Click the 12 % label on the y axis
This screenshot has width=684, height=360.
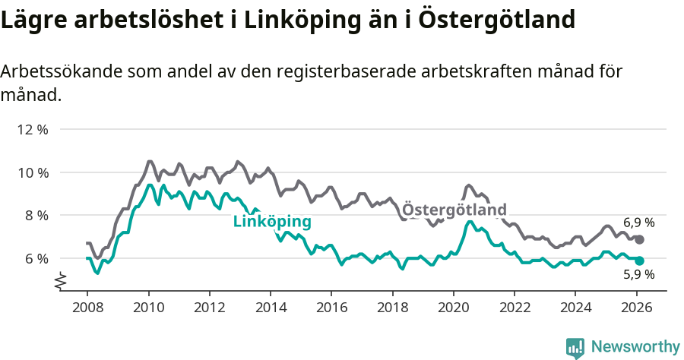coord(33,129)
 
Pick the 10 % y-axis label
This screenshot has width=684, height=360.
coord(33,172)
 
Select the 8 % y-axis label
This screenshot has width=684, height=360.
coord(36,215)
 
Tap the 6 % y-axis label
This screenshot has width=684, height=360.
coord(36,258)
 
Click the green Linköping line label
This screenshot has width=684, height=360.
coord(272,222)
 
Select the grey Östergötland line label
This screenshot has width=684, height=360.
coord(454,209)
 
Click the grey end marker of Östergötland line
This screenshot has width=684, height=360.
coord(640,239)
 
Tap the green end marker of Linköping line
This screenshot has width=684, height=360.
coord(640,261)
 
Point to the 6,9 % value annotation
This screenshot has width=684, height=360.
coord(638,223)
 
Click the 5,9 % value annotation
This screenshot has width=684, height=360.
coord(638,275)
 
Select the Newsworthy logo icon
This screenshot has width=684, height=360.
coord(575,347)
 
